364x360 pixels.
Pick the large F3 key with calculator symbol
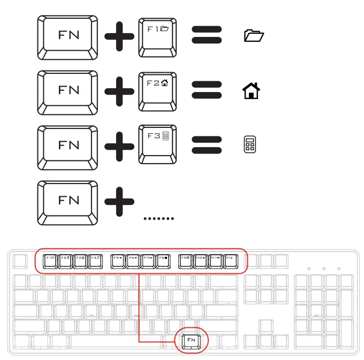point(158,144)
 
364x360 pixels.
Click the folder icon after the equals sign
point(254,36)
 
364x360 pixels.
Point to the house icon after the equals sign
point(251,91)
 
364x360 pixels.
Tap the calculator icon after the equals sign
point(249,145)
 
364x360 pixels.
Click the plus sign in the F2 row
point(120,91)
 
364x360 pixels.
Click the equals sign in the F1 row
point(207,36)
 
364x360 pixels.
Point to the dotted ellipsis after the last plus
point(159,218)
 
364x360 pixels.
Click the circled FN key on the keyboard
point(191,340)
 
